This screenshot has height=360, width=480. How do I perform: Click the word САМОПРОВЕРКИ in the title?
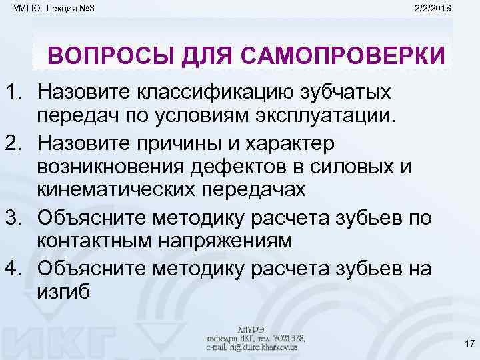pyautogui.click(x=348, y=56)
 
